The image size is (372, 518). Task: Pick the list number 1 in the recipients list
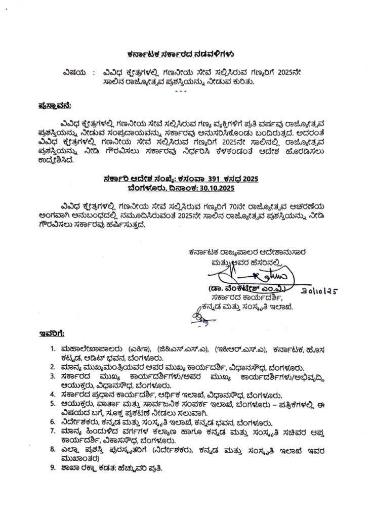coord(53,350)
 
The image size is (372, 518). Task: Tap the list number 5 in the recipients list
coord(53,404)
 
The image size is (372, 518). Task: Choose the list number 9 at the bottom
coord(53,469)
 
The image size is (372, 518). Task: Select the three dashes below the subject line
coord(180,90)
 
